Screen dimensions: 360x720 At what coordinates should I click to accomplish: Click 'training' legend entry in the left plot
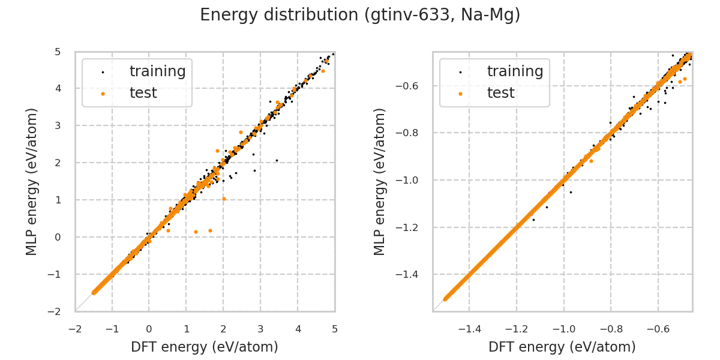pos(157,71)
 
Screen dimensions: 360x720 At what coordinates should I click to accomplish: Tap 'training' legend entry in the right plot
pos(515,71)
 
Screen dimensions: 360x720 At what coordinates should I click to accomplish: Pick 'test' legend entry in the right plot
pos(500,93)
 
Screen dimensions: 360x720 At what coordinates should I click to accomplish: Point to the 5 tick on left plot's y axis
pos(57,52)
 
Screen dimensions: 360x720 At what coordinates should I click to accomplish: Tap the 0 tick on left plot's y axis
pos(57,237)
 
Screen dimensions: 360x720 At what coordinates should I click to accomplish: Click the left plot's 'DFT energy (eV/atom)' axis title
pos(205,347)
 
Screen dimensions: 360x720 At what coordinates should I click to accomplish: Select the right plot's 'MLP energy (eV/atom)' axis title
pos(380,181)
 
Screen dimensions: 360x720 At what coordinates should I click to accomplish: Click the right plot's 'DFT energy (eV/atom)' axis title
pos(562,347)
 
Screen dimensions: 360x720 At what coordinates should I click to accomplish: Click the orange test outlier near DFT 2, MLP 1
pos(224,199)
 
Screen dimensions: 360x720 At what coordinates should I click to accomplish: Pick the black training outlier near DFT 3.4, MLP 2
pos(277,160)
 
